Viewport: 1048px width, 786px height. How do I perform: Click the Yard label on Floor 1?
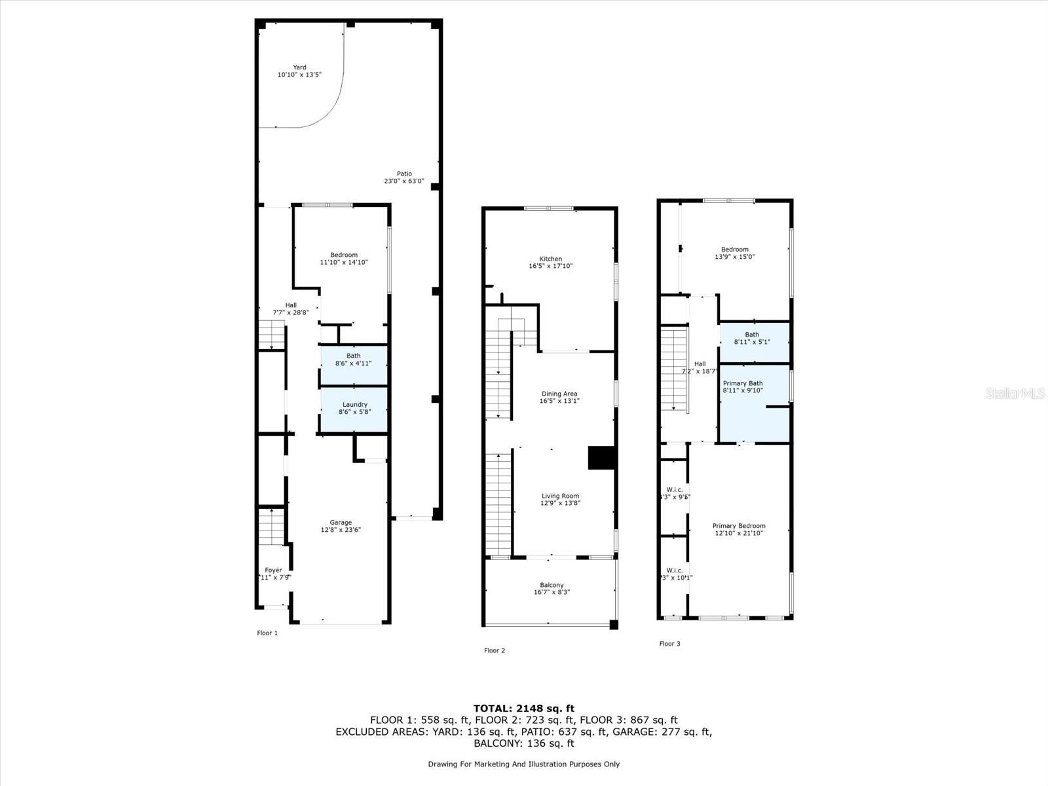299,67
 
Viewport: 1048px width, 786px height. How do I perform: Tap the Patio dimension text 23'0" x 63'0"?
404,181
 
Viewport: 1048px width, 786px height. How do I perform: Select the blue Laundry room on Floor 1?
354,409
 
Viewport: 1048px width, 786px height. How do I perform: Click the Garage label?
341,523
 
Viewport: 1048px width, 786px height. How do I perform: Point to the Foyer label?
273,571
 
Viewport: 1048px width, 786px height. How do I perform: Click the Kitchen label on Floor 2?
550,259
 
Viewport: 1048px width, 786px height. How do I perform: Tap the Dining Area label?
559,394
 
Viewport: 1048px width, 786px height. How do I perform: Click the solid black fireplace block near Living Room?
601,458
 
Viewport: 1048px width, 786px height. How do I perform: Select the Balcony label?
552,585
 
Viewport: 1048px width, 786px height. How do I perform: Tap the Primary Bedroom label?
739,526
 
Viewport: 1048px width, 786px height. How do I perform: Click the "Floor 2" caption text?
495,650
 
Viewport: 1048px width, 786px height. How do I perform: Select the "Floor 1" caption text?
267,633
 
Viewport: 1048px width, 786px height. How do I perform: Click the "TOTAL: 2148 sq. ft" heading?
523,708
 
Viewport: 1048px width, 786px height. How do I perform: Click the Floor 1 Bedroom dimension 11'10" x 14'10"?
344,263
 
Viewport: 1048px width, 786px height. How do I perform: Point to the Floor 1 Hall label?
291,305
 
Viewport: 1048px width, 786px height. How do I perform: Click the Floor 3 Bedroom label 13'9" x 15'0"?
734,253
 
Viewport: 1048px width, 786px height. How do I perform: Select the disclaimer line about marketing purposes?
523,764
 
